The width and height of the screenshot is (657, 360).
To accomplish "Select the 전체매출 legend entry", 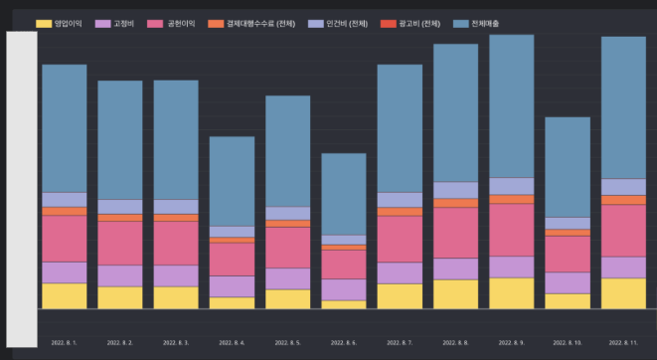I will click(487, 22).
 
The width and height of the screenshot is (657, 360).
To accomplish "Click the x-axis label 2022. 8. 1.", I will click(64, 343).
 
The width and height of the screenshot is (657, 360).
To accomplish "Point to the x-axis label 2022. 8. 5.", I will click(287, 343).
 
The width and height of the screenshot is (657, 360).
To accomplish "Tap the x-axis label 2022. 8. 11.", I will click(624, 343).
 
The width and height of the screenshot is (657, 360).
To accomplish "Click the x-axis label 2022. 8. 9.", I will click(511, 343).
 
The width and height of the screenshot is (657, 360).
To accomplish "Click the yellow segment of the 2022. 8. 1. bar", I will click(64, 296).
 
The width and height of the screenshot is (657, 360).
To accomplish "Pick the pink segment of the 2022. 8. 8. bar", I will click(455, 233).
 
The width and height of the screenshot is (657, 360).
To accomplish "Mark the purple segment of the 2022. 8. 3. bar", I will click(175, 275).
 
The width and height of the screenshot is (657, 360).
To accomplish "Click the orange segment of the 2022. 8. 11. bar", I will click(623, 200).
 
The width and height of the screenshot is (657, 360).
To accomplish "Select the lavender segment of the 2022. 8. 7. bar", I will click(400, 200).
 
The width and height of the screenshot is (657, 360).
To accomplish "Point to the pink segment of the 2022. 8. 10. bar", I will click(568, 254).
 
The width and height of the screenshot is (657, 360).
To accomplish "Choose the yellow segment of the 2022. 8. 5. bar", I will click(287, 299).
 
